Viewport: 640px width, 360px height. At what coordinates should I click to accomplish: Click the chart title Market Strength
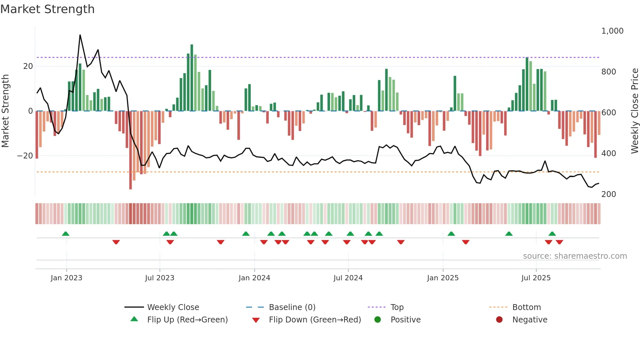point(47,9)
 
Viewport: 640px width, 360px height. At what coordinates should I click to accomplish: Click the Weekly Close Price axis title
point(634,111)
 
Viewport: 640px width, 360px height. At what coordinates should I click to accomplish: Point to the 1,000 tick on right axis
point(612,31)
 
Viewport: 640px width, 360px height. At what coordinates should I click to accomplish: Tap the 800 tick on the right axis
point(608,72)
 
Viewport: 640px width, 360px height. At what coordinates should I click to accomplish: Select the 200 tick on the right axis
point(608,194)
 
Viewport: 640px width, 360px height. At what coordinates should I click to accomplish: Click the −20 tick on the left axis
point(25,156)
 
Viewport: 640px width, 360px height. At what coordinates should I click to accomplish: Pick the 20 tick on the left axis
point(28,66)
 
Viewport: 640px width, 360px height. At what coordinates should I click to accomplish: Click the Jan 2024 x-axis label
point(254,278)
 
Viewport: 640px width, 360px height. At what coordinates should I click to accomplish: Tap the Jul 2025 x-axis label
point(536,278)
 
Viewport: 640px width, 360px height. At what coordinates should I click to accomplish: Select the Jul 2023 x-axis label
point(160,278)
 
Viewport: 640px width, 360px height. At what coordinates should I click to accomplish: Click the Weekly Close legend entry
point(173,307)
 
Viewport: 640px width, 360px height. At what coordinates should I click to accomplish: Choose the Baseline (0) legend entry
point(292,307)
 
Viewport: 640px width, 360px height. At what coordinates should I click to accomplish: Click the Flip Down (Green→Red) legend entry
point(314,320)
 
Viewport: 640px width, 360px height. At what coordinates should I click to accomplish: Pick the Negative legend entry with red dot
point(529,320)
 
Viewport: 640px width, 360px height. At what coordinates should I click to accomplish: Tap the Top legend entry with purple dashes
point(397,307)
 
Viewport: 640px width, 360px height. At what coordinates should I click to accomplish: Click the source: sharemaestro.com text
point(575,256)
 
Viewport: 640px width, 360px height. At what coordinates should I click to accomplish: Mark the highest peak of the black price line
point(80,35)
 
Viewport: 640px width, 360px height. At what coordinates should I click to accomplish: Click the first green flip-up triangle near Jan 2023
point(66,234)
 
